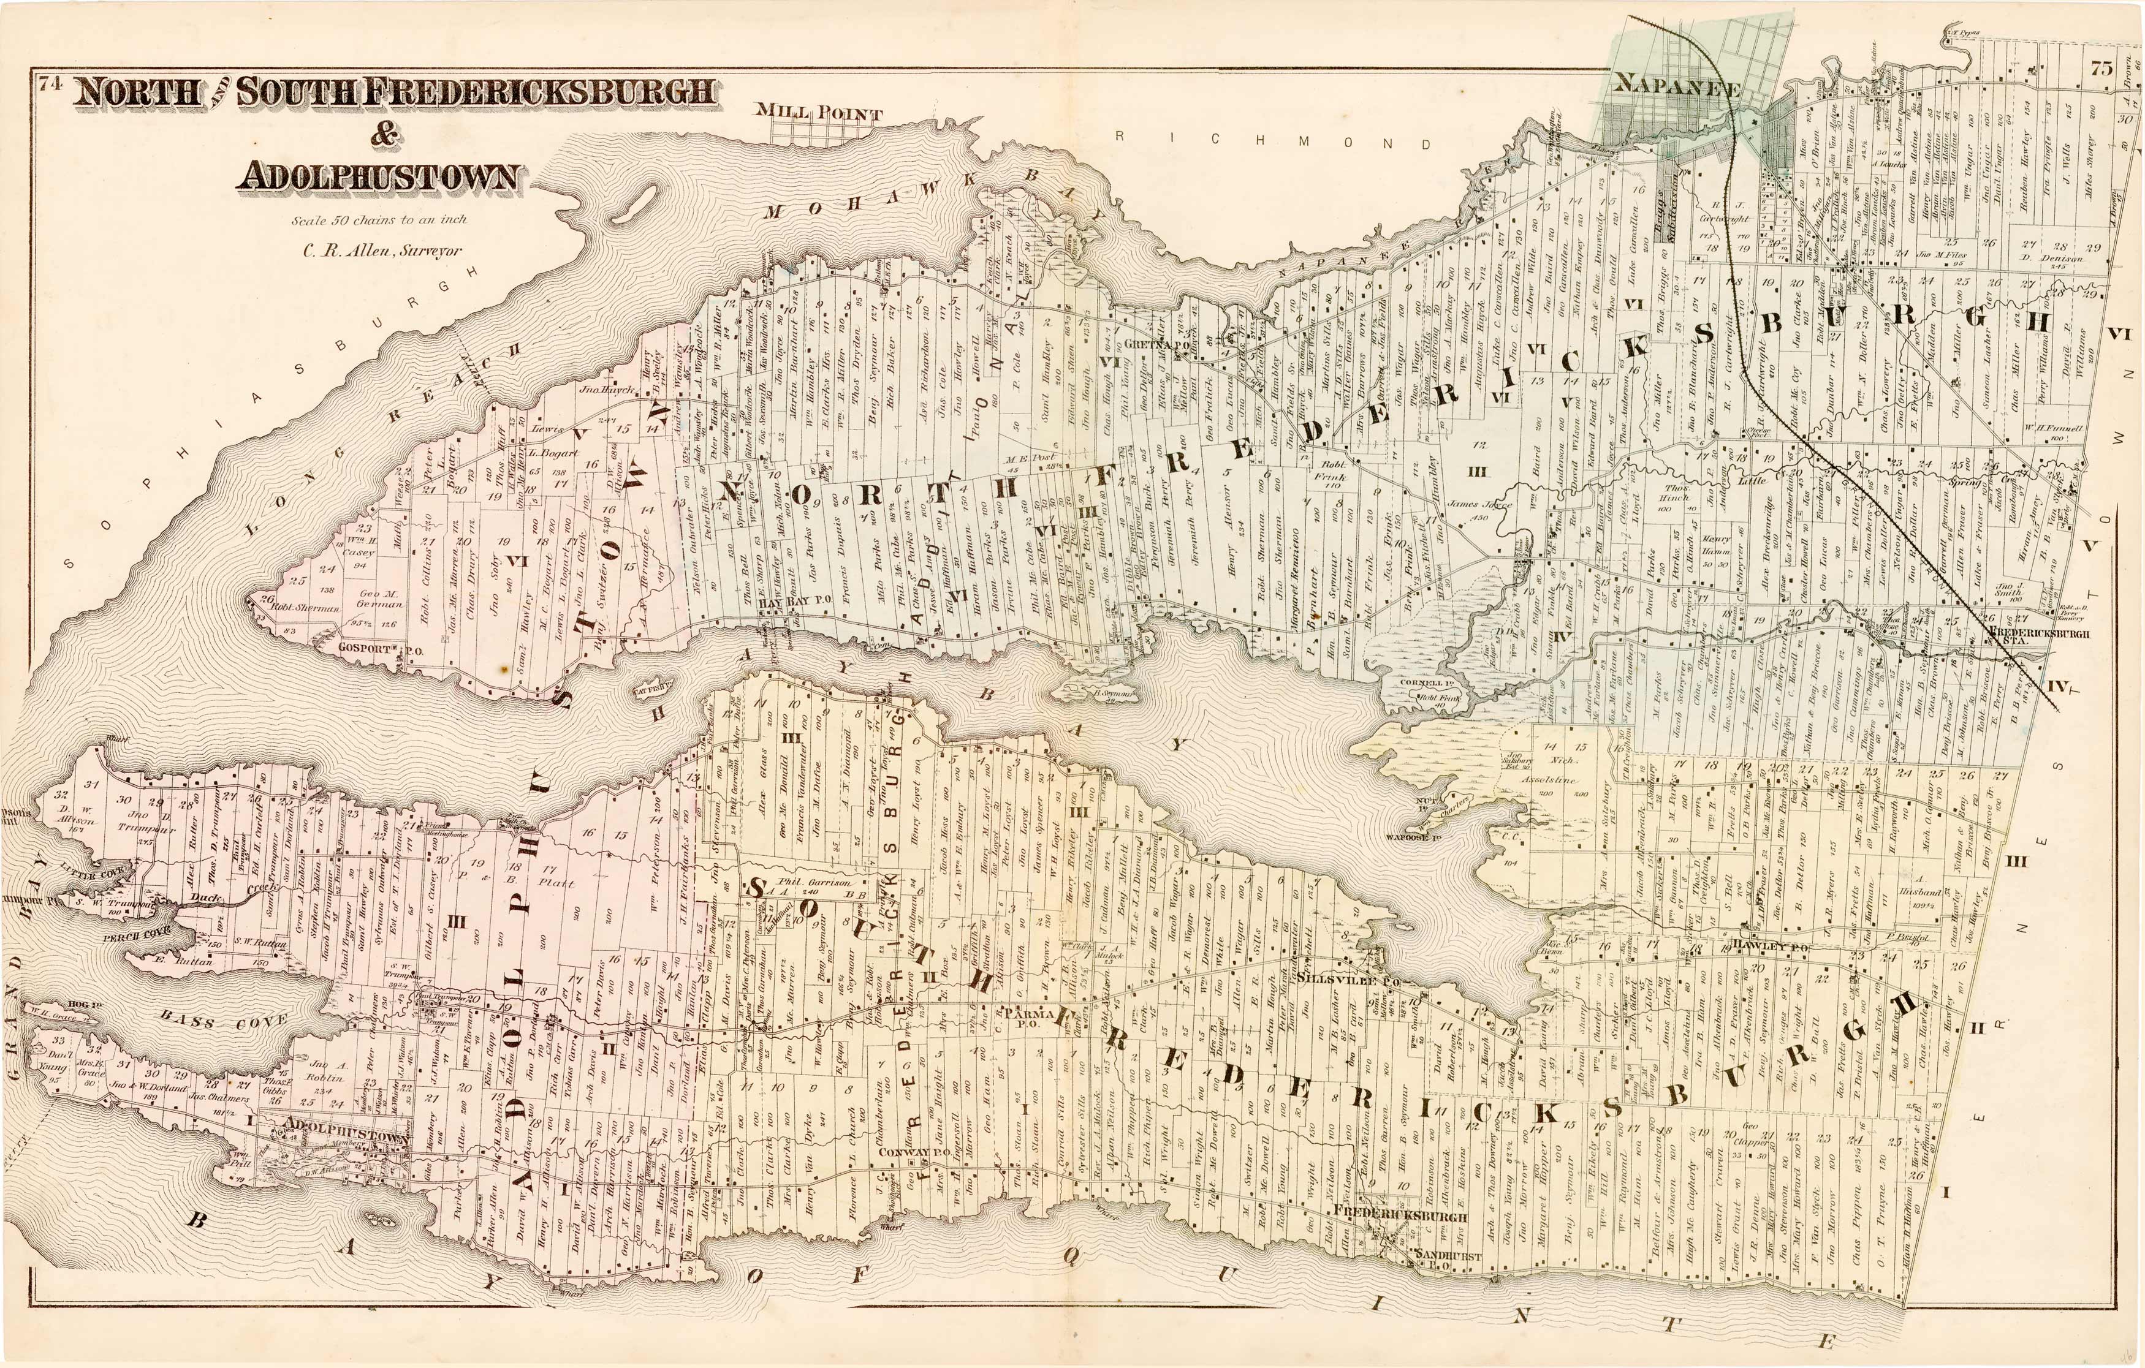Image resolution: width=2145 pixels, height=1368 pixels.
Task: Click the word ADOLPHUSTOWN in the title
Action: pos(377,176)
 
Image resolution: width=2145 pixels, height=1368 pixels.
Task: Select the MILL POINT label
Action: pos(819,113)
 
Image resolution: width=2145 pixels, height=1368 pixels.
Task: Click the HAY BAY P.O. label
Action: pos(795,600)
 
